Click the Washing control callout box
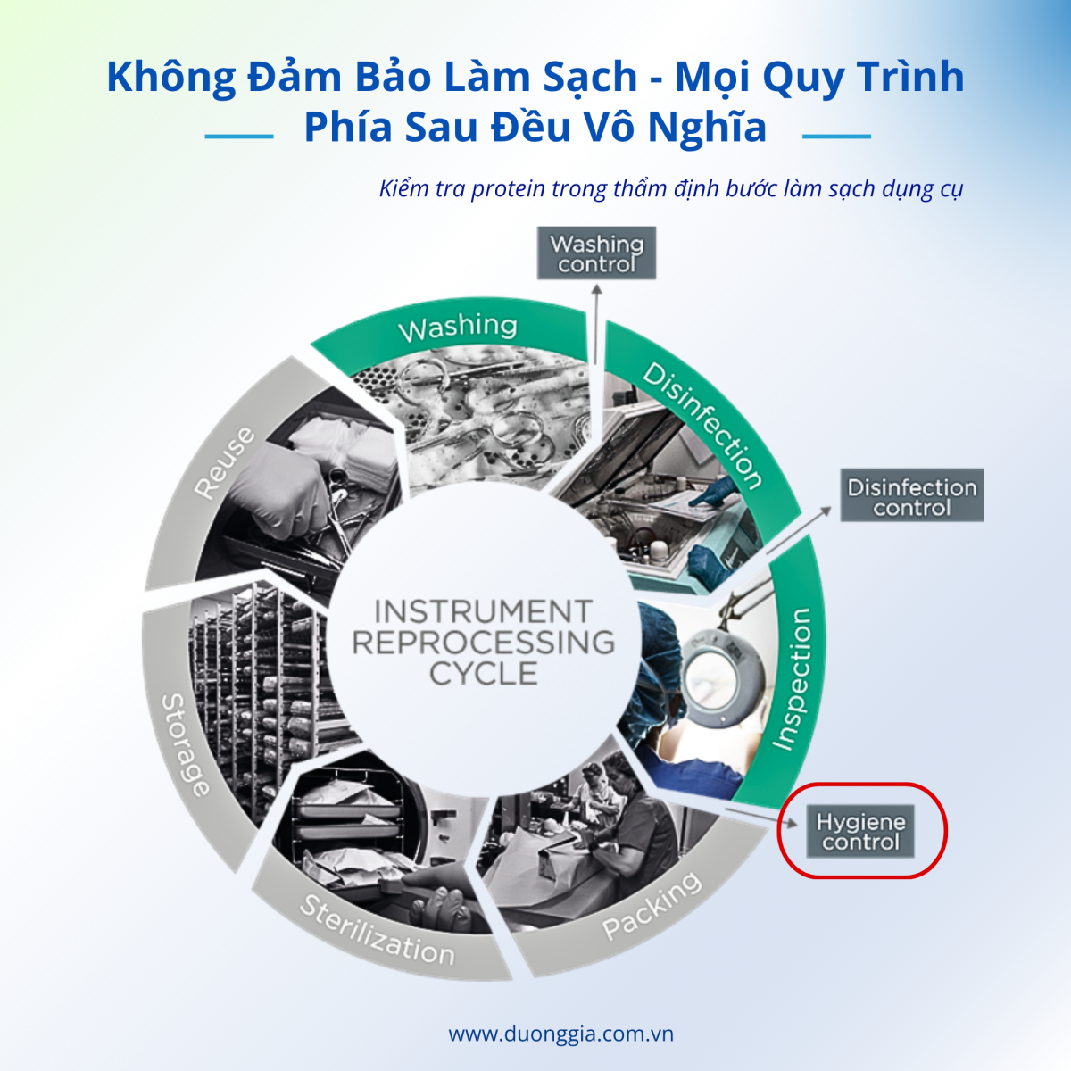tap(596, 253)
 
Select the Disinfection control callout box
tap(911, 496)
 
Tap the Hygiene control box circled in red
tap(860, 832)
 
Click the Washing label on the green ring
tap(457, 328)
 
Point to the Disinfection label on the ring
tap(703, 426)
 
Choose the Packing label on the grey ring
tap(652, 907)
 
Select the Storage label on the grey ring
tap(185, 744)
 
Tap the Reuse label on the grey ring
tap(225, 463)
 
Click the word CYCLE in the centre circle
tap(483, 674)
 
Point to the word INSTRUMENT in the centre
tap(483, 611)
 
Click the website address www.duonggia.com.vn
tap(560, 1034)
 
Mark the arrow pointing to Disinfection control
tap(799, 528)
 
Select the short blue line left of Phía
tap(238, 137)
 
